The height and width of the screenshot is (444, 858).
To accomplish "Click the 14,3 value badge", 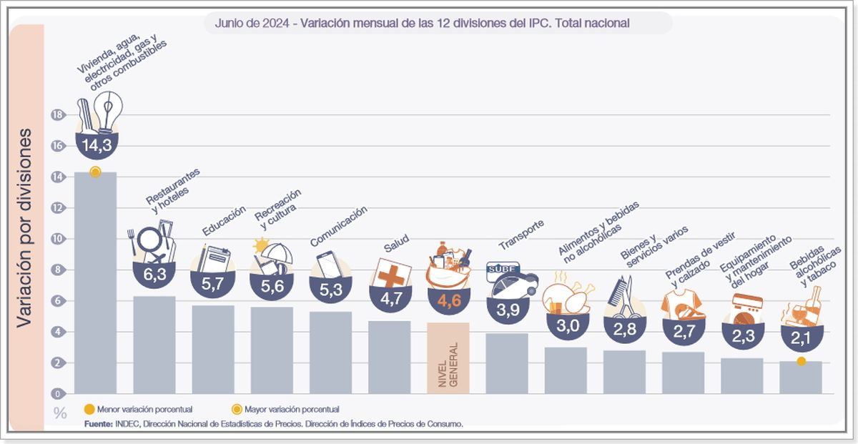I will point(96,146).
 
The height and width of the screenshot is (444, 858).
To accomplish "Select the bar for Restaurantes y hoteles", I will point(154,344).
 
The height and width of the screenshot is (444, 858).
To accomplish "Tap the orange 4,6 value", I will point(448,300).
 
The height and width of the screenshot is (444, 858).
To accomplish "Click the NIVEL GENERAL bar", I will point(448,357).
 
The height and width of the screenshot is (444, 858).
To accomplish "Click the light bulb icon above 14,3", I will point(108,112).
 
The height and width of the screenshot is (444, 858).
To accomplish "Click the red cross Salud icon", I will point(390,275).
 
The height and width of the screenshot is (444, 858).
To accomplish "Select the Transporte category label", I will point(521,235).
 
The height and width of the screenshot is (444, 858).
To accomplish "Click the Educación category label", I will point(224,220).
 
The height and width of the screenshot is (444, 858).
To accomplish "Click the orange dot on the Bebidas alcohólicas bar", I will point(802,362).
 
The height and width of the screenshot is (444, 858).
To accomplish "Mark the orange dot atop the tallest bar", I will point(95,172).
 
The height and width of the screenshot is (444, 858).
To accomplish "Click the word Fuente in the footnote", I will point(97,423).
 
